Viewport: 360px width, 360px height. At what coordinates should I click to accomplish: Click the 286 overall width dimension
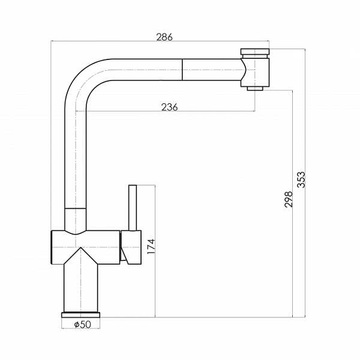[x=164, y=37]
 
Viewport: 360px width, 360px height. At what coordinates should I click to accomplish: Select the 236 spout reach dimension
[x=169, y=107]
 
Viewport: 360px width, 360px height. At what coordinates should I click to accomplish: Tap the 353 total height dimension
[x=301, y=179]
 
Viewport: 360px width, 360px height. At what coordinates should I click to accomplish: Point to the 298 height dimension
[x=289, y=199]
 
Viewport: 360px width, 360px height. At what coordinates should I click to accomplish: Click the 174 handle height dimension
[x=151, y=247]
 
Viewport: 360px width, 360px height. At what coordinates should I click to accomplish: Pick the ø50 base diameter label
[x=83, y=324]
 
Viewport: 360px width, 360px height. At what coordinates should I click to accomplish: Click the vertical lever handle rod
[x=133, y=208]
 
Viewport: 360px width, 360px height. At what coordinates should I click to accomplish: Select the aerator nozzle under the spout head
[x=255, y=89]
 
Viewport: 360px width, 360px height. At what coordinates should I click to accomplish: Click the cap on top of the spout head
[x=255, y=52]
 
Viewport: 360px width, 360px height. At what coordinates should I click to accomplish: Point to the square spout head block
[x=255, y=73]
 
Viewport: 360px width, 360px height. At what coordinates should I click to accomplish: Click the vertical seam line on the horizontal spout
[x=182, y=70]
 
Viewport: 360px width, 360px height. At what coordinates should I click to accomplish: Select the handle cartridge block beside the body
[x=131, y=247]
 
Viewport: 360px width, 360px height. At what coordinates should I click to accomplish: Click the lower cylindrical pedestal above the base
[x=80, y=288]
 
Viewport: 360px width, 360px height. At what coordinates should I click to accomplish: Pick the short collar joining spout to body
[x=76, y=219]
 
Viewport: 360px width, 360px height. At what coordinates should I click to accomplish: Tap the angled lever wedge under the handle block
[x=124, y=255]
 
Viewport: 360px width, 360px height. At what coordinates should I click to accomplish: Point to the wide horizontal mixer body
[x=85, y=247]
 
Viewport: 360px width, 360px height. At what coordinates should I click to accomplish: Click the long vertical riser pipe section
[x=76, y=158]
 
